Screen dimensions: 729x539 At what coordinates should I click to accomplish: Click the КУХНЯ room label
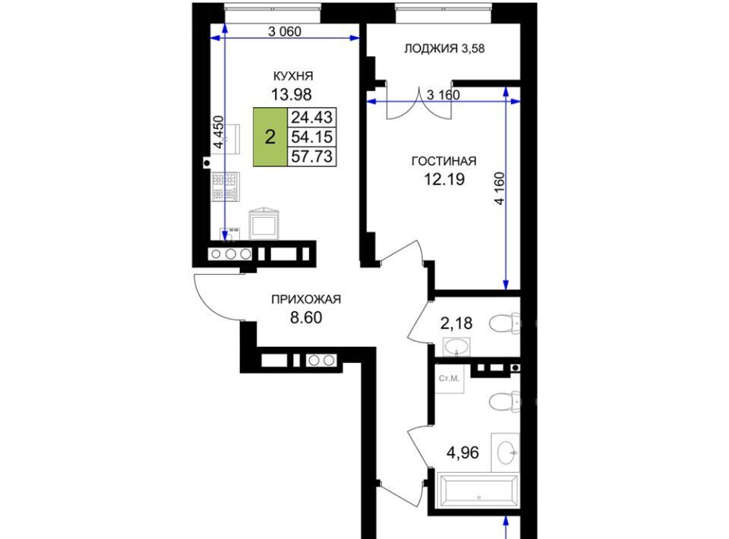point(292,76)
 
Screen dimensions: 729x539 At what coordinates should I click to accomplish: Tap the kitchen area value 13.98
point(292,94)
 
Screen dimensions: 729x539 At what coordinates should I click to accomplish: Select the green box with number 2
point(270,137)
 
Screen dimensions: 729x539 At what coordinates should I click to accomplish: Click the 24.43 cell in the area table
point(312,117)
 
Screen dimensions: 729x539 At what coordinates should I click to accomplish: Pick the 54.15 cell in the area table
point(312,137)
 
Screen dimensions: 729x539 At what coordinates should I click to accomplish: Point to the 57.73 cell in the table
point(312,156)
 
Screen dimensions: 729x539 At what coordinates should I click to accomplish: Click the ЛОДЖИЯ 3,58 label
point(444,49)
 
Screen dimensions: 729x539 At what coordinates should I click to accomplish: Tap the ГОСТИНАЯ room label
point(444,161)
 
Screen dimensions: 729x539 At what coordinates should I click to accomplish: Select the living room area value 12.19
point(444,179)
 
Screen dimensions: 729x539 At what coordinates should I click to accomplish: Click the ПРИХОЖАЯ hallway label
point(306,300)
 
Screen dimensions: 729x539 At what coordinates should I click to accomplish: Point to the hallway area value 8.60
point(306,318)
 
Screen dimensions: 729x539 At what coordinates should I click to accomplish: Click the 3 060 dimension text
point(285,32)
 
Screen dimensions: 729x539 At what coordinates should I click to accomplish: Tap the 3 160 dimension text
point(443,95)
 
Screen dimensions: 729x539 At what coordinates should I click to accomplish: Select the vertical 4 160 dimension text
point(500,188)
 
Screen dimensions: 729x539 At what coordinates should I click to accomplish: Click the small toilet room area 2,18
point(456,323)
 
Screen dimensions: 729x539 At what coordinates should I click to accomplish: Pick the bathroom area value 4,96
point(462,452)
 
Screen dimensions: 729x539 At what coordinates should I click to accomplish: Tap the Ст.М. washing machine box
point(450,379)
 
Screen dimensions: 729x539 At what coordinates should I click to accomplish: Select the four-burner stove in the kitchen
point(226,187)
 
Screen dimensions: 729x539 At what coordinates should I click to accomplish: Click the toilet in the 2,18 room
point(504,323)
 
